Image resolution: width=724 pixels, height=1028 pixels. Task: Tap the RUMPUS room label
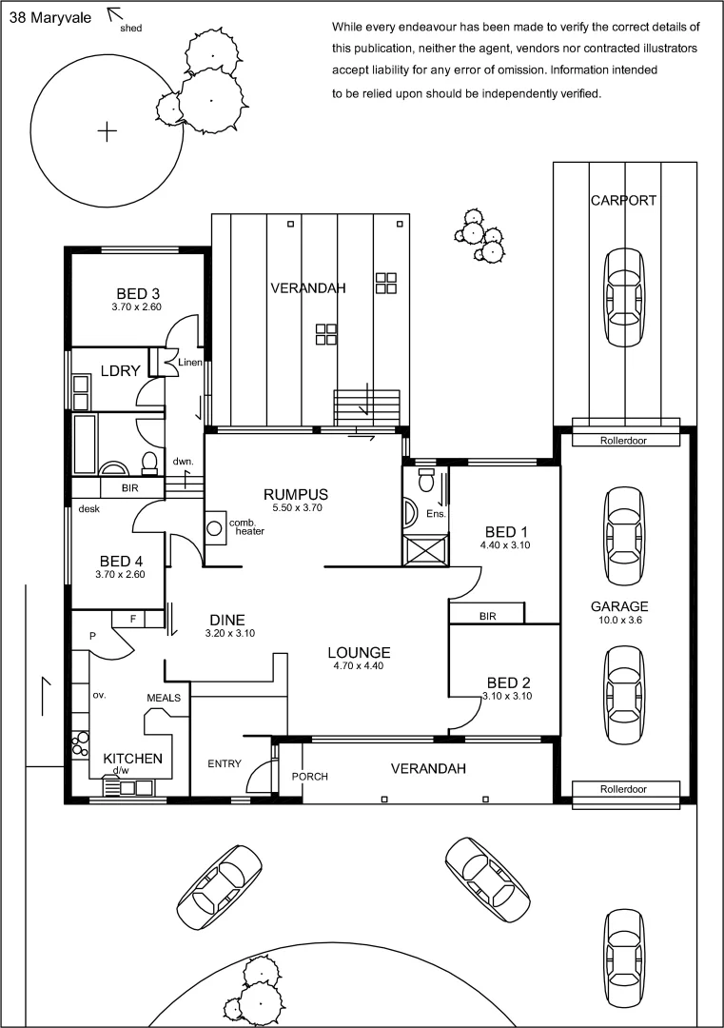296,494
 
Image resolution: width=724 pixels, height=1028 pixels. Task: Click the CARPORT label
623,200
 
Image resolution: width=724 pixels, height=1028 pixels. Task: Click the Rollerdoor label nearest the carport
624,441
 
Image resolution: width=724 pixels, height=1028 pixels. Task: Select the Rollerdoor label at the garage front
624,789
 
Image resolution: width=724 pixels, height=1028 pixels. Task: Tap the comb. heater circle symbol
215,526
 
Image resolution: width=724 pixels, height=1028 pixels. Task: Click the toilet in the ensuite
425,475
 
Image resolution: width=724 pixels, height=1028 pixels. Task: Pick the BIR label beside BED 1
487,616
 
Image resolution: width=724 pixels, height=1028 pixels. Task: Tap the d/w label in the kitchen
121,771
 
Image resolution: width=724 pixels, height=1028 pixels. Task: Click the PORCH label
309,777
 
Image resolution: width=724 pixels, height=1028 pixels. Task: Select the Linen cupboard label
187,362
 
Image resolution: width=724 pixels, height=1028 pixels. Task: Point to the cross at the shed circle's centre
108,130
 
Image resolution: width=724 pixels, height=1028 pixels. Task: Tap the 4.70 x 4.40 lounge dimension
359,666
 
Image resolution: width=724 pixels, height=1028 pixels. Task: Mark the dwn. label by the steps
184,462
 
